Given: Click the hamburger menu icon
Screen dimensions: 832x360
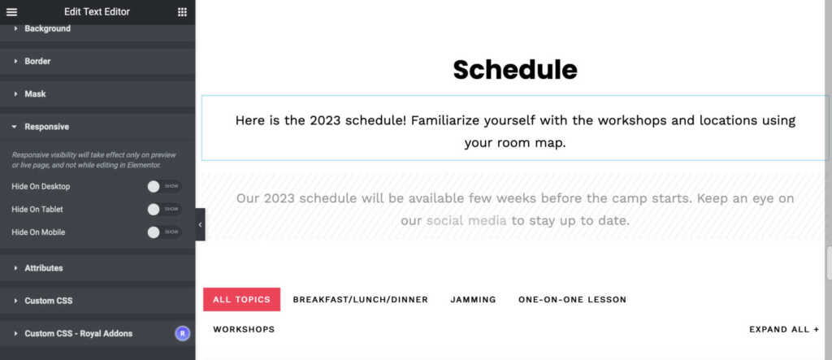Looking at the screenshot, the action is (11, 11).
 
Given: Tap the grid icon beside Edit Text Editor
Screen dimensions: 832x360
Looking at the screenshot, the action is (182, 11).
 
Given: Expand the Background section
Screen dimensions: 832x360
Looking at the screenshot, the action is (47, 28).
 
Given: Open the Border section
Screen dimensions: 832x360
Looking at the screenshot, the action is (37, 61).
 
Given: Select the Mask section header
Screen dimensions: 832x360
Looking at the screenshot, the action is (35, 94).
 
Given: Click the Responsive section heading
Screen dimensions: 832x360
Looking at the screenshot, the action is (46, 127).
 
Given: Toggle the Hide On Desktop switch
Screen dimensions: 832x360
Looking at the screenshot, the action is (164, 186).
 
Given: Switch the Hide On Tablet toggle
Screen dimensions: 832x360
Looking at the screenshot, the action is (164, 209).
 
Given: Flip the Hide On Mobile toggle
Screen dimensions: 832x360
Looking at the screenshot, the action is (164, 232).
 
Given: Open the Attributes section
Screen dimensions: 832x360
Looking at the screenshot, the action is (44, 268).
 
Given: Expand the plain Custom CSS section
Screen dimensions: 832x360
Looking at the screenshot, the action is (48, 301).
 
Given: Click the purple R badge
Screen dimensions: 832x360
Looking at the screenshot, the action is (183, 333).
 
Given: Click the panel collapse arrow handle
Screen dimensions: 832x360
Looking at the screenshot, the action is (200, 224).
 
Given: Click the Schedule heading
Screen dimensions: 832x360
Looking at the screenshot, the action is (514, 70).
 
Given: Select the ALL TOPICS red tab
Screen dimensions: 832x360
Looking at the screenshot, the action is (241, 300).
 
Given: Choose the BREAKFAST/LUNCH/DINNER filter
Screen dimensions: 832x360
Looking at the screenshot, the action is (360, 300).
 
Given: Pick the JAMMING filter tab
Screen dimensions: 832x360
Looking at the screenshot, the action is (474, 300).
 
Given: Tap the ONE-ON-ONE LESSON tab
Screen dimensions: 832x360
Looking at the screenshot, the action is (573, 300).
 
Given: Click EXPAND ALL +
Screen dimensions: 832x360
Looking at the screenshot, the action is (784, 329).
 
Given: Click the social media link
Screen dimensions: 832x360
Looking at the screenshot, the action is (466, 220).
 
